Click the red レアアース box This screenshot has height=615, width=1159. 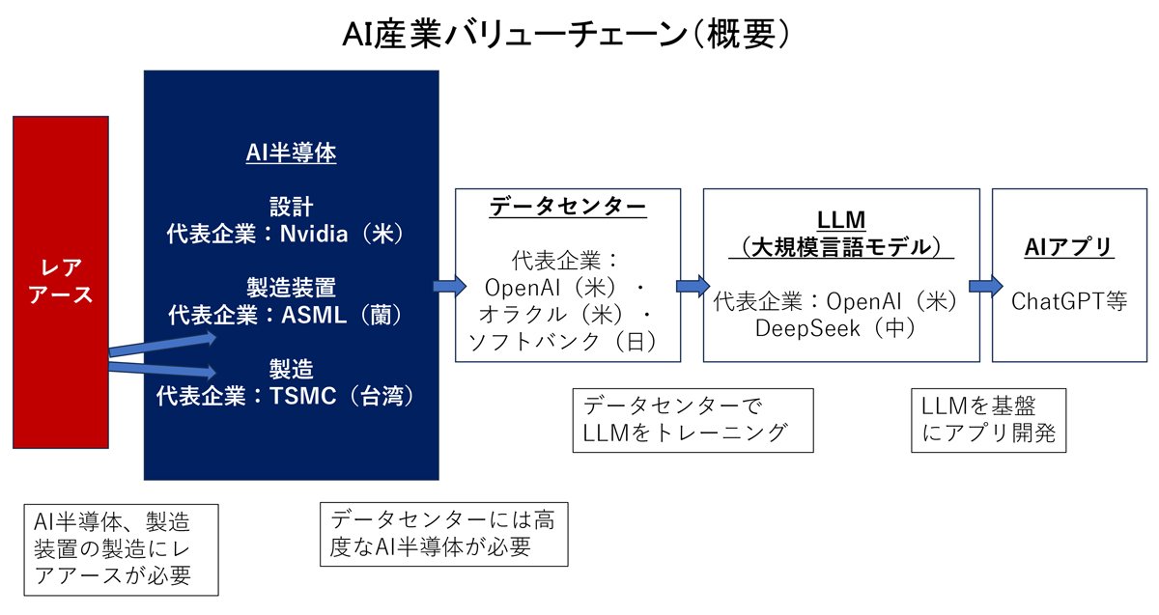pyautogui.click(x=60, y=281)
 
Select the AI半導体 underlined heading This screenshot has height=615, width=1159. pyautogui.click(x=291, y=153)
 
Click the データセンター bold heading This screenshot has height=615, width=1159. pyautogui.click(x=568, y=206)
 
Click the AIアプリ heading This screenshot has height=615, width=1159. pyautogui.click(x=1068, y=247)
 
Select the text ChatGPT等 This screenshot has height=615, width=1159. pyautogui.click(x=1068, y=301)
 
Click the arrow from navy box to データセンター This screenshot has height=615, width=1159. pyautogui.click(x=447, y=286)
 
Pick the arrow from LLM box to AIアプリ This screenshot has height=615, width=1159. pyautogui.click(x=982, y=286)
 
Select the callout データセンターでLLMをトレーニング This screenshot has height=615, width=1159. pyautogui.click(x=692, y=420)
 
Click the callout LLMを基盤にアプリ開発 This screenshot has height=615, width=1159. pyautogui.click(x=988, y=420)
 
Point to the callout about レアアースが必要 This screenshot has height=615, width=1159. pyautogui.click(x=121, y=549)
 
